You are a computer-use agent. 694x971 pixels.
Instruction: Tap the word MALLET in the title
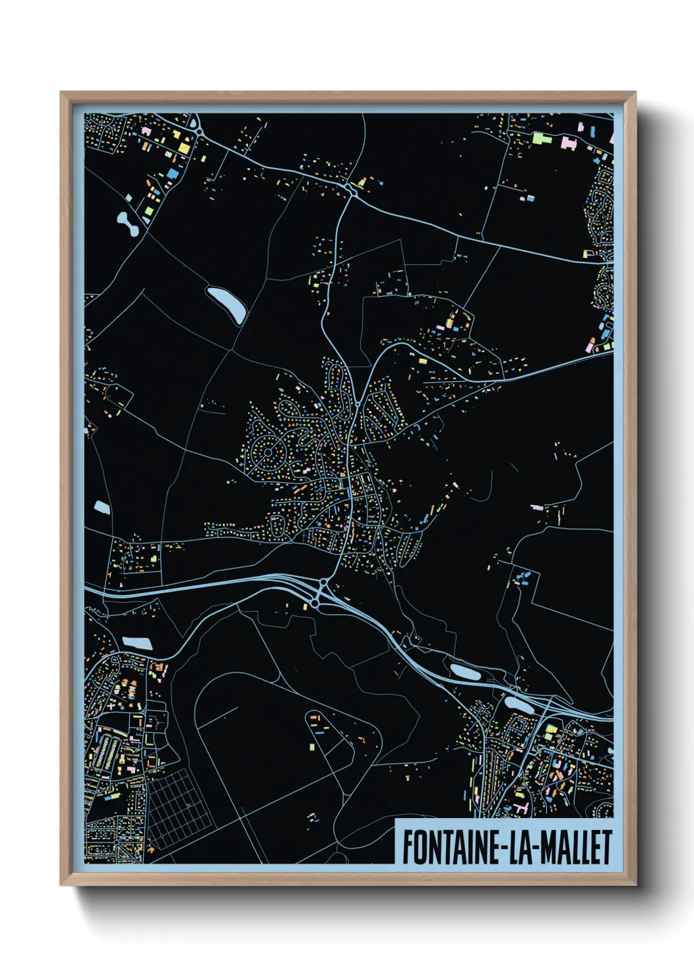click(577, 847)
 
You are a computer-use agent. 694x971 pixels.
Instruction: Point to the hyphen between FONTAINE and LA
click(504, 848)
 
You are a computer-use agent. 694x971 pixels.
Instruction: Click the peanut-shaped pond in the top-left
click(127, 224)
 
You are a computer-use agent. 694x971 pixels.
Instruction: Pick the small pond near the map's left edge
click(102, 506)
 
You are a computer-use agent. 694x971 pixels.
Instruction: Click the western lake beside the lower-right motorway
click(464, 672)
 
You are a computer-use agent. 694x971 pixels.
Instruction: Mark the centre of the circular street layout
click(268, 452)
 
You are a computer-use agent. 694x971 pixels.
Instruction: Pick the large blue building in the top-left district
click(173, 173)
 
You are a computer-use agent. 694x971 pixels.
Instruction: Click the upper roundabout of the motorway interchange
click(323, 582)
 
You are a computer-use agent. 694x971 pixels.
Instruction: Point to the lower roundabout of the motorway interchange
click(316, 602)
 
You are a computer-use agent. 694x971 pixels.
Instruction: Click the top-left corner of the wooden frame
click(62, 94)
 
